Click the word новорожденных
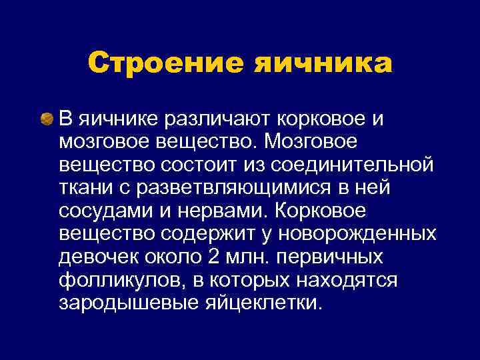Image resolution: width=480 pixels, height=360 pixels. tap(357, 234)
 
